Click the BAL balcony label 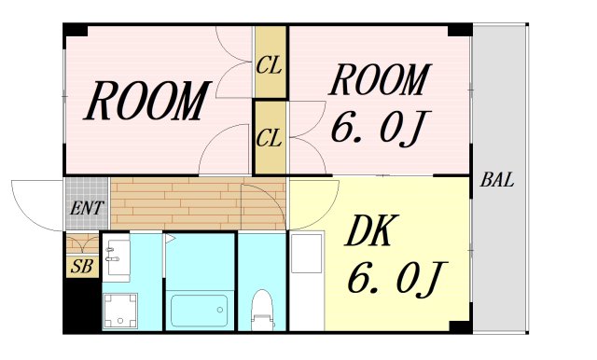point(497,180)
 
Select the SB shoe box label point(81,266)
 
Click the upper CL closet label point(270,66)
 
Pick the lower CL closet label point(270,138)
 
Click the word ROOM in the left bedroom point(146,102)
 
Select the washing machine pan point(119,310)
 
